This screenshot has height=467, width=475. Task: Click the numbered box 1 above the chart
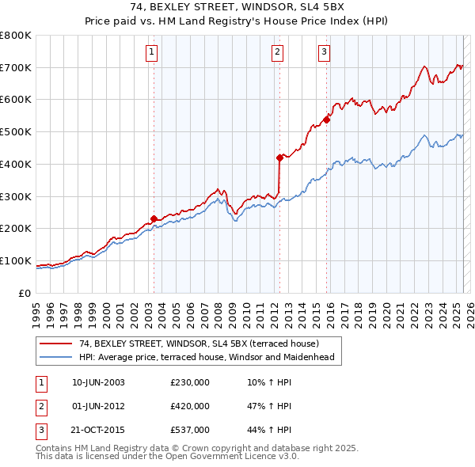pos(151,53)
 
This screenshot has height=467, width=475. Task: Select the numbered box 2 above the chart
pos(278,53)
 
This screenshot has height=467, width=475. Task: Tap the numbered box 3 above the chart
pos(324,53)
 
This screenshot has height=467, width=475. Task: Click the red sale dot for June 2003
pos(154,218)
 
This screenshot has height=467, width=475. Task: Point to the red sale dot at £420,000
pos(279,158)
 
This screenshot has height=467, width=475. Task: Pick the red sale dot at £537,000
pos(327,120)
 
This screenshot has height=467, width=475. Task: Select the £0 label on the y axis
pos(26,293)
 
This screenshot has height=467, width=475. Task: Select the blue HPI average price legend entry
pos(207,357)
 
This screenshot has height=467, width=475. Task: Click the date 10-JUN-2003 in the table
pos(98,382)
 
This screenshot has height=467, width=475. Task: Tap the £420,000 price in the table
pos(190,406)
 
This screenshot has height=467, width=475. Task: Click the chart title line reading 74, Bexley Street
pos(237,8)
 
